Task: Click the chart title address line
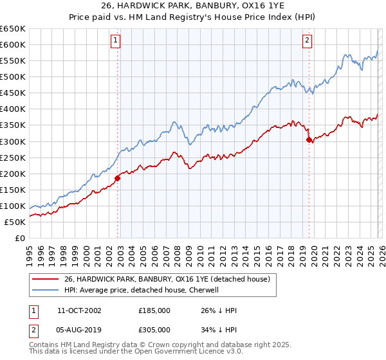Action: [193, 6]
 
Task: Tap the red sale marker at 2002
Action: [117, 178]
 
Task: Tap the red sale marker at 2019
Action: [309, 139]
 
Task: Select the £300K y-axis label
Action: [13, 141]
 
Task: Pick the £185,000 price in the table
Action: [154, 310]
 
